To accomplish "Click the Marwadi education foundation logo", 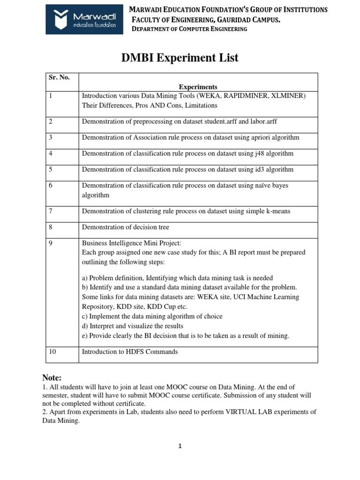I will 85,19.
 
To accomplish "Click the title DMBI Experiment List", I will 180,58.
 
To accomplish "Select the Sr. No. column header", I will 59,78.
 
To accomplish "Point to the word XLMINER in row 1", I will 287,96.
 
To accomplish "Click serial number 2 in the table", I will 51,121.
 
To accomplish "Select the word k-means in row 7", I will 277,211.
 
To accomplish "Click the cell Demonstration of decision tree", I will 126,227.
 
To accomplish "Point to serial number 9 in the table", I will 51,243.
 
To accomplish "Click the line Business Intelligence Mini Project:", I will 131,243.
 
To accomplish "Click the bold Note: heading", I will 52,378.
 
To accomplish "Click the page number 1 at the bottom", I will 180,446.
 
